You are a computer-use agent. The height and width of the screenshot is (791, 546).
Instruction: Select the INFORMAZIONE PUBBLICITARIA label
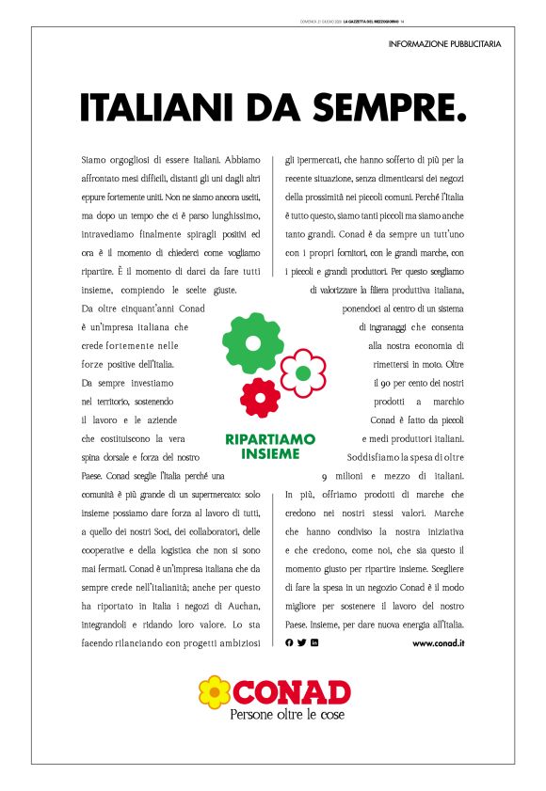click(x=444, y=44)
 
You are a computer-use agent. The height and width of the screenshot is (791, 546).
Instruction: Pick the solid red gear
click(x=260, y=397)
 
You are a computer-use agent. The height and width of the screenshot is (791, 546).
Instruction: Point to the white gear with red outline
click(x=302, y=373)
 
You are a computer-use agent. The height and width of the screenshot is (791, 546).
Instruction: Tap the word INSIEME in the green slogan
click(x=270, y=453)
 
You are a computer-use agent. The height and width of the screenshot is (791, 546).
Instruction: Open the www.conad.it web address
click(x=439, y=642)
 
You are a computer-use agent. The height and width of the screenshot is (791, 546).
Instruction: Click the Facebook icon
click(x=290, y=642)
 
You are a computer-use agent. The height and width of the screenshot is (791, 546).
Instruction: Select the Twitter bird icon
click(x=302, y=642)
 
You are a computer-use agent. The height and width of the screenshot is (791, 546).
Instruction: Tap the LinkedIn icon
click(x=314, y=642)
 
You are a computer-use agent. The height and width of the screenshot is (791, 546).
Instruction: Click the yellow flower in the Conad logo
click(x=215, y=692)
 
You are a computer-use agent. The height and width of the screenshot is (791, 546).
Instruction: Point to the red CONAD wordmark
click(x=290, y=693)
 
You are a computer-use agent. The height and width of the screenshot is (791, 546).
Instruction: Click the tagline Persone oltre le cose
click(x=287, y=715)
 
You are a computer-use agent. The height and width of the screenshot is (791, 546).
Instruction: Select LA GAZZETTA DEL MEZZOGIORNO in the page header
click(x=371, y=21)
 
